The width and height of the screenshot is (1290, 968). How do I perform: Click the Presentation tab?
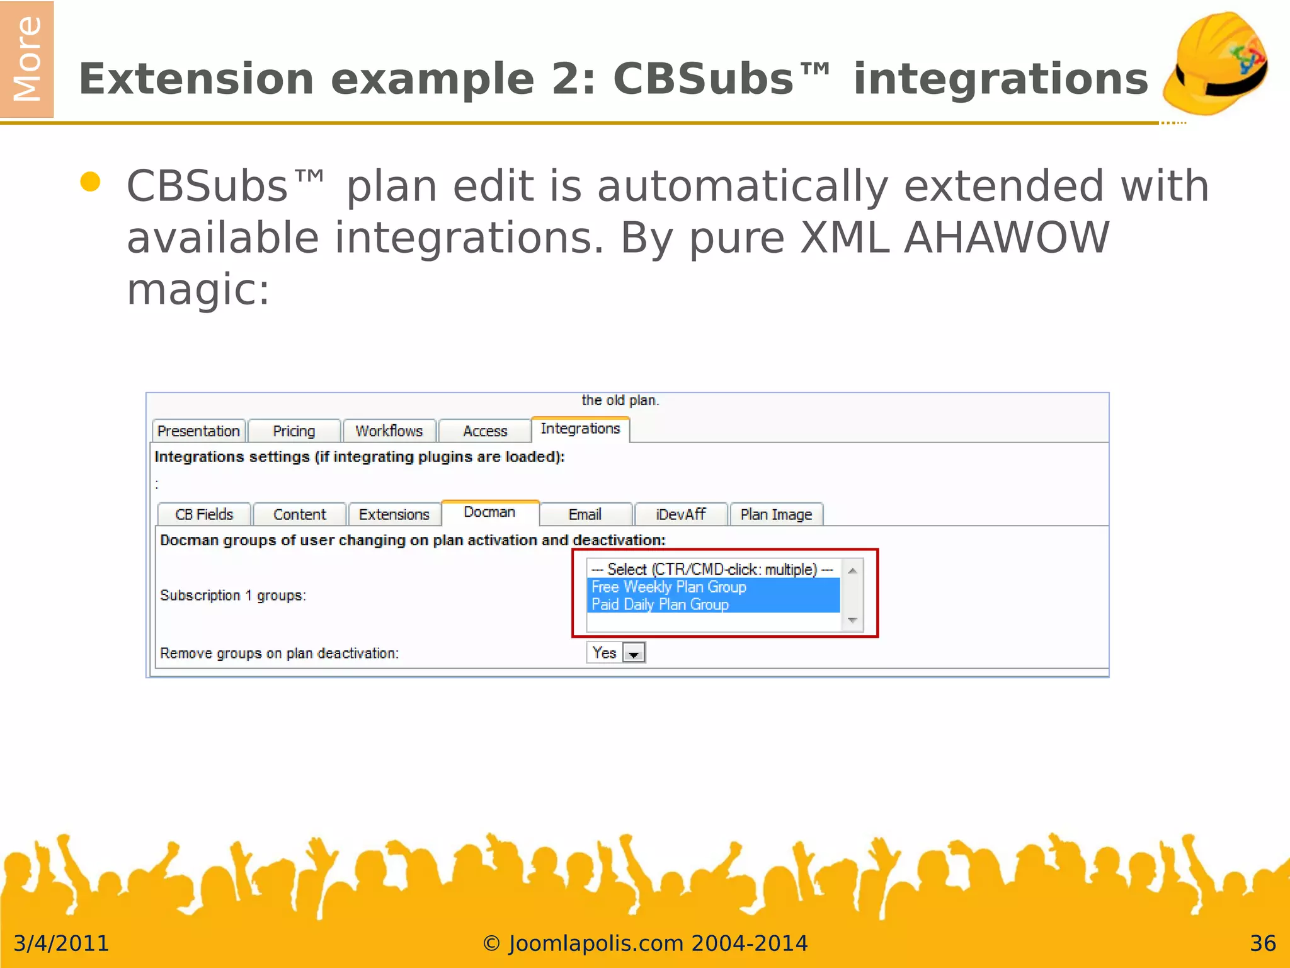198,431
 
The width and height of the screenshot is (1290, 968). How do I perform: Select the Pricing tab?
294,431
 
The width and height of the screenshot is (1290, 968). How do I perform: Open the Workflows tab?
389,431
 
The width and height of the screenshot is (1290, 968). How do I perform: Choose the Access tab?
485,431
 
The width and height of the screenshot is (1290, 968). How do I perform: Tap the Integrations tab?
580,429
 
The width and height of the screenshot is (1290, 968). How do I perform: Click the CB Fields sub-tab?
204,514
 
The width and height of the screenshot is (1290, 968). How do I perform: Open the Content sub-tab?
300,514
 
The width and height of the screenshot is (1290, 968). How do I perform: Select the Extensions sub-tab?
394,514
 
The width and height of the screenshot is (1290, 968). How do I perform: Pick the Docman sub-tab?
489,512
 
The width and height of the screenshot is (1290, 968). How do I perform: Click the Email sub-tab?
585,514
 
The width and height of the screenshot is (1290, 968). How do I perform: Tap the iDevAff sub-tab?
681,514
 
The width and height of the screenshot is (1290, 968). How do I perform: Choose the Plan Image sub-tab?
776,514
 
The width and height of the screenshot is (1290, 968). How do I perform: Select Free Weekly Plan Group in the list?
669,587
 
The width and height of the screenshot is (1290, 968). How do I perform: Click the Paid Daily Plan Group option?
660,604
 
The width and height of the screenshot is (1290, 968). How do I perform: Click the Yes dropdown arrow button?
634,654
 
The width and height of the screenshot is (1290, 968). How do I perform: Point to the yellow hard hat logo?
1216,63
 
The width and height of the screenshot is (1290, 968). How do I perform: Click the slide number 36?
1262,943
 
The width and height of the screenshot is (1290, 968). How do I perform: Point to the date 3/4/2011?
61,943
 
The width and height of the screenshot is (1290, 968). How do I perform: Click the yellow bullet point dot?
91,181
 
